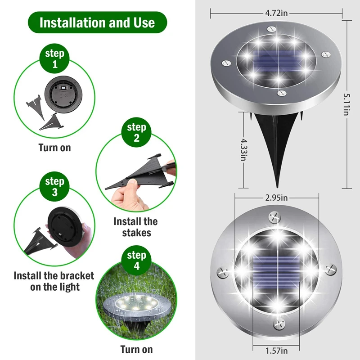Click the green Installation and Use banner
(97, 22)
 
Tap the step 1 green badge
(55, 58)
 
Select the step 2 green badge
(136, 133)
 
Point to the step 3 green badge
(54, 187)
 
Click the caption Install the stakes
(135, 227)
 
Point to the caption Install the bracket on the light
(54, 281)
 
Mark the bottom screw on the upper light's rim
(282, 93)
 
